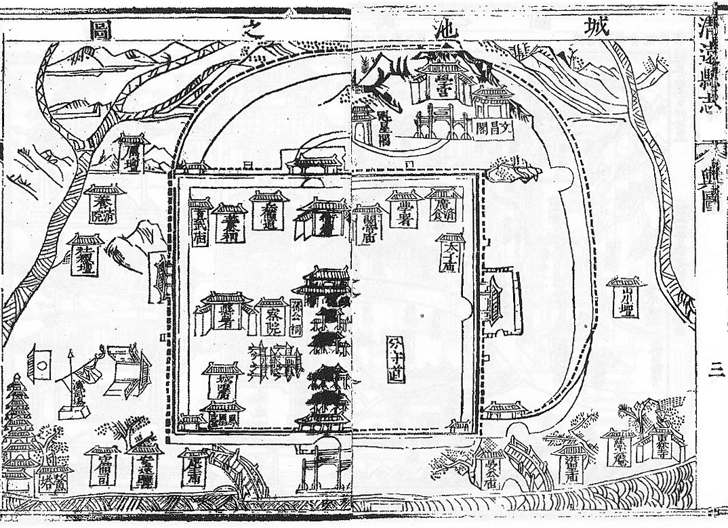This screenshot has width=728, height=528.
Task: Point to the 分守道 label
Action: point(397,359)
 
